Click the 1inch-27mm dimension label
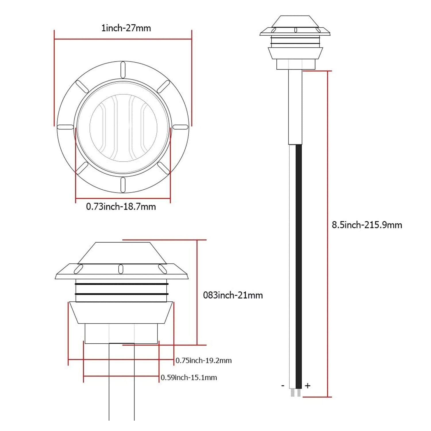126,28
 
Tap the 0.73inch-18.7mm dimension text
121,207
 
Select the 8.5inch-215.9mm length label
367,225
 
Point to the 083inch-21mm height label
233,295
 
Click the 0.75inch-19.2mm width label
204,360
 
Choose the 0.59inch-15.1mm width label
189,377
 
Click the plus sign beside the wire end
308,386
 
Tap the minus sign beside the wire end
283,386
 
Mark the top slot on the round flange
123,70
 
